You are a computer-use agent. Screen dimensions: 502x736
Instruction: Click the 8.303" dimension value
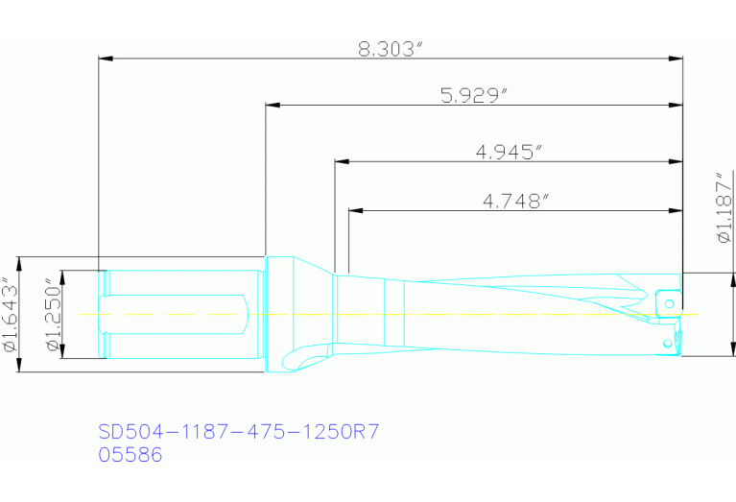tap(391, 49)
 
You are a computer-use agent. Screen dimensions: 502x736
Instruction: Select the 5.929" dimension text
tap(473, 95)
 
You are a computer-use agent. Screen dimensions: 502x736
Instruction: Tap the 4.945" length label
tap(509, 153)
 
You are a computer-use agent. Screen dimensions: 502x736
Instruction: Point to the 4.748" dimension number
tap(515, 200)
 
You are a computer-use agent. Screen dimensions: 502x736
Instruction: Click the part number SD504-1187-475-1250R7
tap(240, 431)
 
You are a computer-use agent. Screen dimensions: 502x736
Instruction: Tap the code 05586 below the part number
tap(131, 455)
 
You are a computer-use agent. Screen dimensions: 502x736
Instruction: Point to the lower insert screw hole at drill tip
tap(667, 342)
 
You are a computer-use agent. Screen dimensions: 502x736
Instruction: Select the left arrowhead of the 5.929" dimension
tap(272, 106)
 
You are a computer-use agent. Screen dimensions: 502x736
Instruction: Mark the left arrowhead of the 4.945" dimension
tap(341, 162)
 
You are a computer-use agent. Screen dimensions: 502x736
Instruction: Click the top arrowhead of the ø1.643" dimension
tap(20, 262)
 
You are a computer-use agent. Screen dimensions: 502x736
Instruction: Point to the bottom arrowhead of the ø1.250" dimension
tap(62, 353)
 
